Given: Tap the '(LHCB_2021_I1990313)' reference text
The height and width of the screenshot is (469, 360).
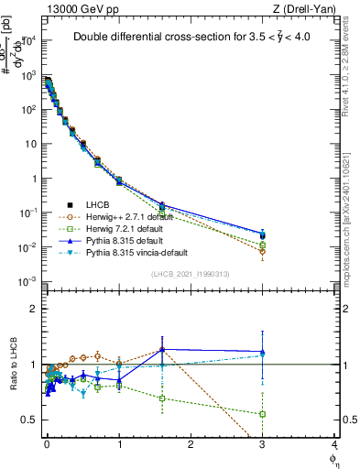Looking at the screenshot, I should pos(191,275).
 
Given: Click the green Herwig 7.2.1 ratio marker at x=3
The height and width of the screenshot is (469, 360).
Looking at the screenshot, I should pos(263,414).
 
